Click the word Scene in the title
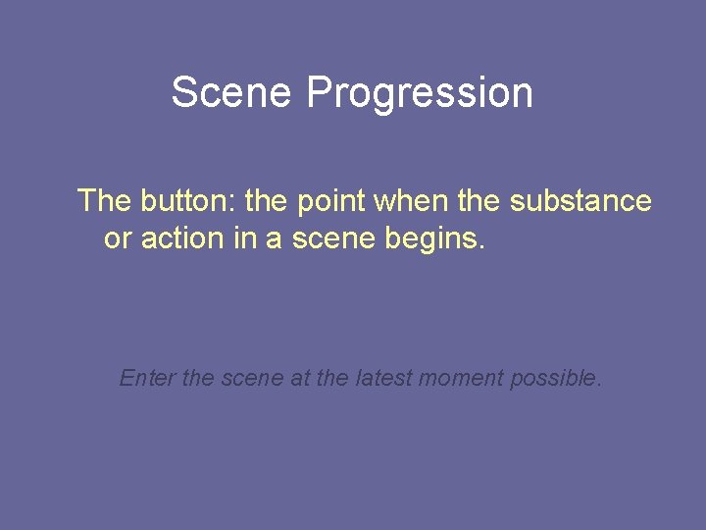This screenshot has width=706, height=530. click(232, 93)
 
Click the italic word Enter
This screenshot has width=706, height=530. click(147, 378)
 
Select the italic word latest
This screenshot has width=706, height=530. click(378, 378)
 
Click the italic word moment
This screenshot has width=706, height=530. click(462, 378)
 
